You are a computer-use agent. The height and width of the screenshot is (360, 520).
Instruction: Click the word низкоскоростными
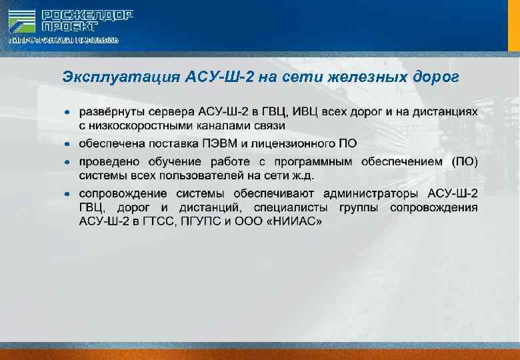tap(146, 125)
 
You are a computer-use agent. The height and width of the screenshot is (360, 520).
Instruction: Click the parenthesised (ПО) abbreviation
tap(465, 162)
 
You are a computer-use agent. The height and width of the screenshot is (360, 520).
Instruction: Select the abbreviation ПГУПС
tap(207, 221)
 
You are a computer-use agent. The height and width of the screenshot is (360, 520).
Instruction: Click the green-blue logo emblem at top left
tap(22, 21)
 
